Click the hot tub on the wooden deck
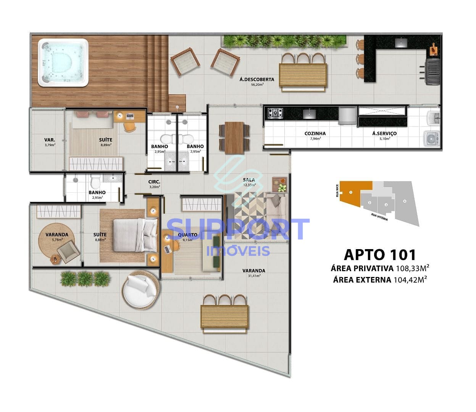click(63, 63)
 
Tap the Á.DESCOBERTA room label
click(257, 79)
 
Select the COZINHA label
click(315, 134)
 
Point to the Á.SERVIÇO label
click(384, 134)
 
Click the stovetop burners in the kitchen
click(275, 113)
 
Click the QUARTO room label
click(188, 235)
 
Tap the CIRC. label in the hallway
click(154, 182)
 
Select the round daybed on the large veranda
click(140, 289)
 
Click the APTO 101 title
click(379, 254)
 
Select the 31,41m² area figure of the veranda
click(254, 276)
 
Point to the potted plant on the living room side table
click(282, 187)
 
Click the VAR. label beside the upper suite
click(50, 140)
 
